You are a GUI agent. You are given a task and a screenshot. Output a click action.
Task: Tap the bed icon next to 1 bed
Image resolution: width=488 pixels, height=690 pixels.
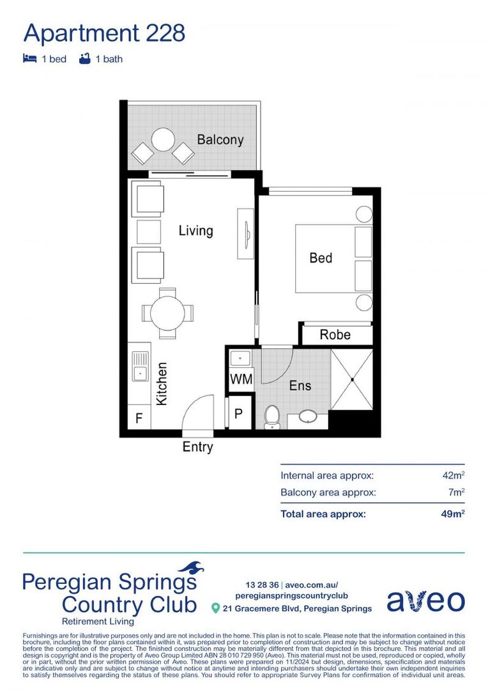pyautogui.click(x=29, y=59)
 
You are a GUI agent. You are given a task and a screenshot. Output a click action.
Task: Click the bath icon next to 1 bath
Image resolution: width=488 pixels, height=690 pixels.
pyautogui.click(x=84, y=59)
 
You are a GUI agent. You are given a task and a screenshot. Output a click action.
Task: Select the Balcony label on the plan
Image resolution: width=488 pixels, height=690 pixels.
pyautogui.click(x=220, y=139)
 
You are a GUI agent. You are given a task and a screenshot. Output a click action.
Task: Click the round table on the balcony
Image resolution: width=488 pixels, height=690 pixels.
pyautogui.click(x=164, y=140)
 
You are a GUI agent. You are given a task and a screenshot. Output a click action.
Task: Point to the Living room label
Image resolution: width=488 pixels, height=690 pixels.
pyautogui.click(x=195, y=231)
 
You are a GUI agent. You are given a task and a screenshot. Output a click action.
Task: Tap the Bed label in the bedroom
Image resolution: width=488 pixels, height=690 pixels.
pyautogui.click(x=321, y=258)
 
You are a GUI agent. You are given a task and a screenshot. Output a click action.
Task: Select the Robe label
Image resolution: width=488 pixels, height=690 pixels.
pyautogui.click(x=335, y=335)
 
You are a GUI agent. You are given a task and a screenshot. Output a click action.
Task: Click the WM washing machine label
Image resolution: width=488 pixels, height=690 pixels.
pyautogui.click(x=241, y=379)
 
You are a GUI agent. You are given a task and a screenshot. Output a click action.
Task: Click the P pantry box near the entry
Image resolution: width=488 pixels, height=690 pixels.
pyautogui.click(x=238, y=414)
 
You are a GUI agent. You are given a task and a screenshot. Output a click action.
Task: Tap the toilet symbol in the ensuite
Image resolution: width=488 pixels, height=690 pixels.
pyautogui.click(x=272, y=417)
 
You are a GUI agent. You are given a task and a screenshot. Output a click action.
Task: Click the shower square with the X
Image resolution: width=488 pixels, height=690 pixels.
pyautogui.click(x=352, y=379)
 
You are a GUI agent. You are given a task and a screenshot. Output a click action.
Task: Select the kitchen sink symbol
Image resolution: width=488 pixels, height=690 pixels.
pyautogui.click(x=139, y=366)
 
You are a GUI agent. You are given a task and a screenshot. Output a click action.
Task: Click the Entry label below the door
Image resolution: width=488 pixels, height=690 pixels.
pyautogui.click(x=197, y=447)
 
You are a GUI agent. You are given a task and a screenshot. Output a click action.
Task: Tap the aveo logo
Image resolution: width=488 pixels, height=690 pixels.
pyautogui.click(x=425, y=601)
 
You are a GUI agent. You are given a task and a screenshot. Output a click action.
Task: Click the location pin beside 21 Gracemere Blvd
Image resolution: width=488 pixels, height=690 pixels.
pyautogui.click(x=216, y=608)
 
